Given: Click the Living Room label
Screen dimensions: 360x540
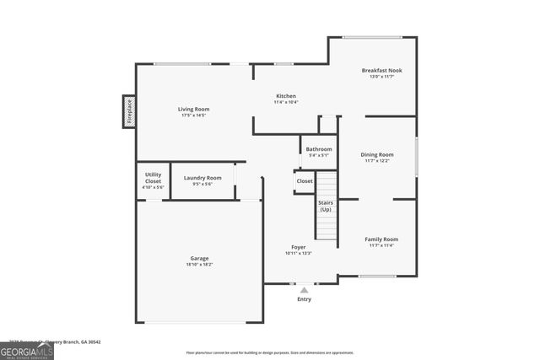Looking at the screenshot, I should click(193, 109).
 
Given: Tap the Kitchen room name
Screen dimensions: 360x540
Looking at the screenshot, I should click(285, 96).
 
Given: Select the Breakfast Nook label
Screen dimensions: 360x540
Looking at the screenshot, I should click(381, 70).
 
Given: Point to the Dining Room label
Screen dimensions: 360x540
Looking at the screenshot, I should click(377, 154).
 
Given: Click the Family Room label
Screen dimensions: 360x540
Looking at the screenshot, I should click(381, 239).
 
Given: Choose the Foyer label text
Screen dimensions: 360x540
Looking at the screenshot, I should click(299, 247).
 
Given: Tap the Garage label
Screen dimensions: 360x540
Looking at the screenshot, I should click(199, 258).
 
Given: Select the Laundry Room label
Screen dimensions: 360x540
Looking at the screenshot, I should click(202, 177).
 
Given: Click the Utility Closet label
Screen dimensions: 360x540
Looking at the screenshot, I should click(153, 178).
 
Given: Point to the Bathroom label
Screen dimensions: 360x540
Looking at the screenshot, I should click(319, 149).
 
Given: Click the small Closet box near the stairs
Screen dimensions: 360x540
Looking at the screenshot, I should click(305, 181).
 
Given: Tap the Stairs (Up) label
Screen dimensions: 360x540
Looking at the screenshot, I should click(326, 206).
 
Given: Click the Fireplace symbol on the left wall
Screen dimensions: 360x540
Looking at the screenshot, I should click(129, 111).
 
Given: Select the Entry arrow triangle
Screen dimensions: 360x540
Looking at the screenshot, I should click(304, 290).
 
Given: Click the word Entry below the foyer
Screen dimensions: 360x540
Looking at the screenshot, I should click(304, 299).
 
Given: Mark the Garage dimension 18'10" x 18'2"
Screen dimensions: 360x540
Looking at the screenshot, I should click(199, 264).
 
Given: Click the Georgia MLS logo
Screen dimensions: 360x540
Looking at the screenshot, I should click(27, 348).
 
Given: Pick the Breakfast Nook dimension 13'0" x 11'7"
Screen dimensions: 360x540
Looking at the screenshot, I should click(381, 77).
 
